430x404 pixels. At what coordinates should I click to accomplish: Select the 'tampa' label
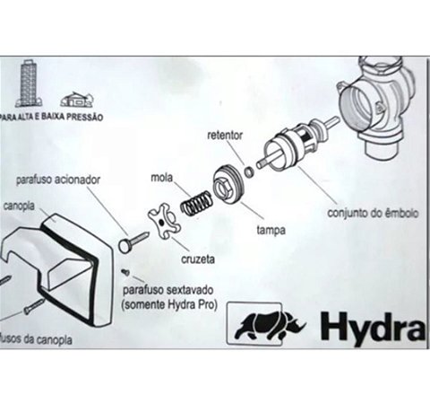click(x=271, y=230)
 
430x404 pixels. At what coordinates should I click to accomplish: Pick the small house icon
click(x=75, y=99)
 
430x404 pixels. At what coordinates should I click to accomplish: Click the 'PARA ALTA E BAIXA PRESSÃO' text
click(x=51, y=117)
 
